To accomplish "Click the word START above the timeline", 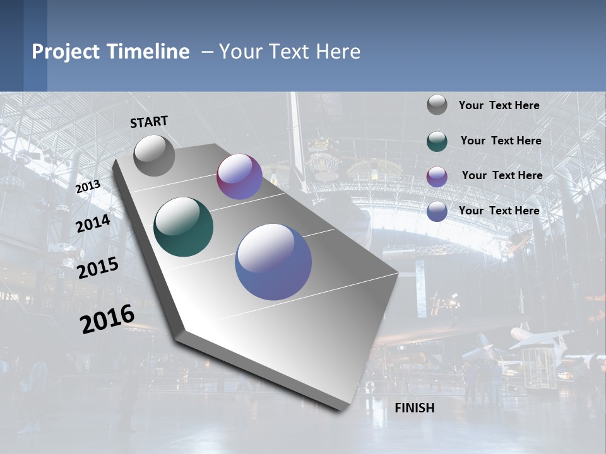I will [x=149, y=121].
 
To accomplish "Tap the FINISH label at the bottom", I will [x=414, y=408].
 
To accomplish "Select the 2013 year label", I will [x=88, y=187].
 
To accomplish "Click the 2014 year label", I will [x=93, y=224].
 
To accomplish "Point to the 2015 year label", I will [x=97, y=267].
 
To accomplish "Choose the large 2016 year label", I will [x=107, y=318].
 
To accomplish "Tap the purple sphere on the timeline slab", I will [x=239, y=177].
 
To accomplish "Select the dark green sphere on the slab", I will [x=183, y=227].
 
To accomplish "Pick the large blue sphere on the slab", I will [x=273, y=262].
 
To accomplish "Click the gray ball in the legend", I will [x=437, y=105].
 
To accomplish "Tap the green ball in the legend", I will [x=437, y=141].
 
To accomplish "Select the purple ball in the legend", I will [x=437, y=176].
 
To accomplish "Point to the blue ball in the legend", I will [x=437, y=211].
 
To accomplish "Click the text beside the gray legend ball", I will [x=499, y=105].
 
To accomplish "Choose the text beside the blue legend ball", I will [x=499, y=211].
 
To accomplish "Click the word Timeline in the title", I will [x=148, y=52].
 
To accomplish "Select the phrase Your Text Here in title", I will [x=290, y=52].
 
